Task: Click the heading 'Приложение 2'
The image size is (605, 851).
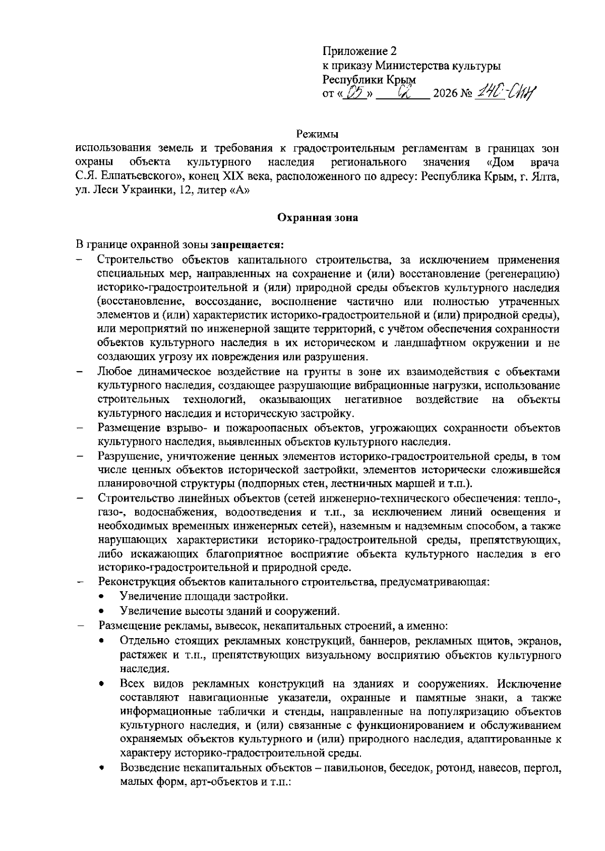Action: tap(359, 52)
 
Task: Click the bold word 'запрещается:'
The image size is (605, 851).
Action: tap(248, 245)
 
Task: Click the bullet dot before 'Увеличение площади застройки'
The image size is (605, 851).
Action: tap(102, 597)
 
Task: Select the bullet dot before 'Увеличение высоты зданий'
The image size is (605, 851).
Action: tap(102, 611)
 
